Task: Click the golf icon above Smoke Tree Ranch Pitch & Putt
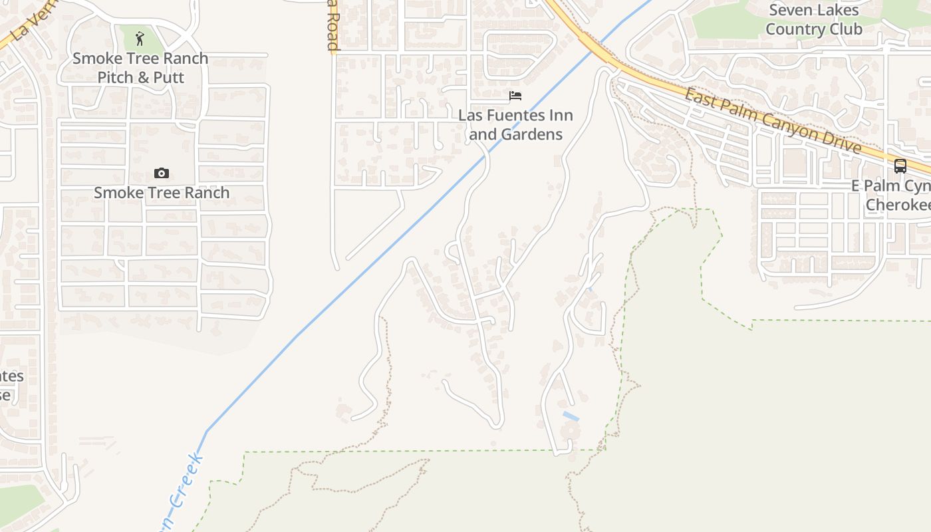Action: coord(139,38)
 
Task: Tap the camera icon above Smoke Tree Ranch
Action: coord(161,174)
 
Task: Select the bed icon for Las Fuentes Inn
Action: coord(515,96)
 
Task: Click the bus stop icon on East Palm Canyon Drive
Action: coord(900,166)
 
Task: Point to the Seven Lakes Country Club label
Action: coord(813,19)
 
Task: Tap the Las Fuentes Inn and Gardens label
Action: coord(515,124)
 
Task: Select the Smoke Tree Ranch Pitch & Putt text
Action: coord(140,68)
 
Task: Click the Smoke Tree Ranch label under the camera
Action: coord(162,193)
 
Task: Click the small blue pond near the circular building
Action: coord(571,416)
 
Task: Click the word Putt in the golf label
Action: coord(169,77)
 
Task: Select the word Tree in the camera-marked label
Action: coord(152,193)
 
